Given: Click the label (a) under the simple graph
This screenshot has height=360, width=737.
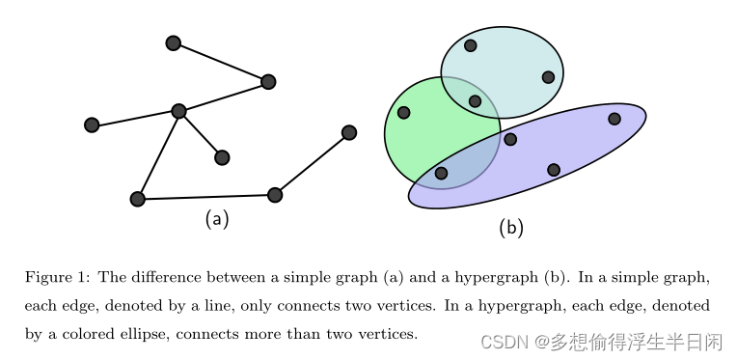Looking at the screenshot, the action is (x=217, y=219).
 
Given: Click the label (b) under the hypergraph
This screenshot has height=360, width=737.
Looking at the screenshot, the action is (x=511, y=228).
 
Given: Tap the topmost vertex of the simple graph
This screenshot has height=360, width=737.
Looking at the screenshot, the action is (x=174, y=42).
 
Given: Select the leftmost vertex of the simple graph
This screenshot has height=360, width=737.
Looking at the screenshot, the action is (x=92, y=125).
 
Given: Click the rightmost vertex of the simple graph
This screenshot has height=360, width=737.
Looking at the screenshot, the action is (x=349, y=132).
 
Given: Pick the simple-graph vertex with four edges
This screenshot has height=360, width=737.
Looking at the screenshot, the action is (x=178, y=111).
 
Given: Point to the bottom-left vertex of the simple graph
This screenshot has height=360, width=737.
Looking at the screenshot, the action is (x=137, y=199).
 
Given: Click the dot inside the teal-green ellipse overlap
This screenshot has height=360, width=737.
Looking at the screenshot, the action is (x=475, y=100).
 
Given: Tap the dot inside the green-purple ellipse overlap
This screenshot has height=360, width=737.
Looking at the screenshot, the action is (x=441, y=174).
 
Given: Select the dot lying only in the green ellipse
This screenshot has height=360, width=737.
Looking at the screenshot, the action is (x=404, y=113).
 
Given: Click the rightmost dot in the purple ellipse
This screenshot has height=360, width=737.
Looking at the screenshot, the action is (x=614, y=119).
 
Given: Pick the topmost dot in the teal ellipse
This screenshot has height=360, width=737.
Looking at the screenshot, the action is (x=471, y=45).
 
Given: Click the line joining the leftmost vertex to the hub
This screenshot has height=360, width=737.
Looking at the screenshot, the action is (x=135, y=118).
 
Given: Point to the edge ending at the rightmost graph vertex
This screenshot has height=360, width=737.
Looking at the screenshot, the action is (x=312, y=163).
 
